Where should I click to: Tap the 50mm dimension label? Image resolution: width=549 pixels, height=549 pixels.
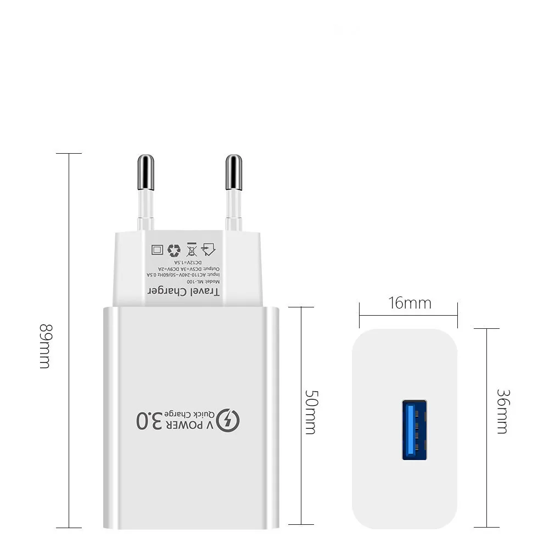click(x=310, y=412)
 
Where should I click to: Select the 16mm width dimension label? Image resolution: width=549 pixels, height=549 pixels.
click(x=410, y=303)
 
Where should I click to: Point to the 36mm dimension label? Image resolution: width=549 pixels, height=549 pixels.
click(x=502, y=411)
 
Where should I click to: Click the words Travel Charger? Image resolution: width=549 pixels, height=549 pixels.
click(x=184, y=291)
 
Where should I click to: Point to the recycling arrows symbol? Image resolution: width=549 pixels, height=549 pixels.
click(x=174, y=250)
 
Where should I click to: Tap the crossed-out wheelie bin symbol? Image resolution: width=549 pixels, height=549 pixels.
click(x=192, y=249)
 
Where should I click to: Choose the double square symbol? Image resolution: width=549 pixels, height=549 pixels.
click(x=157, y=250)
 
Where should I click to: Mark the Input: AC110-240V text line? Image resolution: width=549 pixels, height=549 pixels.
click(x=183, y=274)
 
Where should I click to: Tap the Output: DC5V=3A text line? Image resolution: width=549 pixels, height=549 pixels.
click(x=184, y=268)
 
